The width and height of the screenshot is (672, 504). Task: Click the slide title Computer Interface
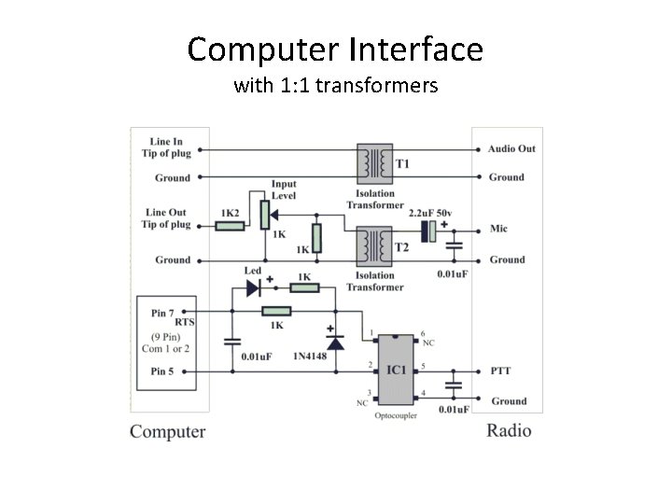(335, 49)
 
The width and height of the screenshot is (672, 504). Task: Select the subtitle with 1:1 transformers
(335, 87)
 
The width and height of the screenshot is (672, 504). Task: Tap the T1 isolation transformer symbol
(374, 163)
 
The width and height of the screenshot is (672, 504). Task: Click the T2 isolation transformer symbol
(374, 245)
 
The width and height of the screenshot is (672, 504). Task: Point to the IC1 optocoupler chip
(397, 370)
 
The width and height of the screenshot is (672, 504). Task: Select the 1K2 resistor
(230, 225)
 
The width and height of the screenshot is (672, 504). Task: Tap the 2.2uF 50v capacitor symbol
(430, 231)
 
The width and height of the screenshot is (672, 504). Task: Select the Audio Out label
(511, 148)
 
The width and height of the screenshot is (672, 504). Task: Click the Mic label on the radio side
(499, 230)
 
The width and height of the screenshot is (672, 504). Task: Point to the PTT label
(500, 371)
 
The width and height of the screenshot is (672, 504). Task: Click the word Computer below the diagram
(168, 431)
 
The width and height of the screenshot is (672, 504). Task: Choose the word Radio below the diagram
(509, 430)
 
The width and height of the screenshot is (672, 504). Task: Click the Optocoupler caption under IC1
(396, 414)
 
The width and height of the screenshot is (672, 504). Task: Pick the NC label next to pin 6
(428, 343)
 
